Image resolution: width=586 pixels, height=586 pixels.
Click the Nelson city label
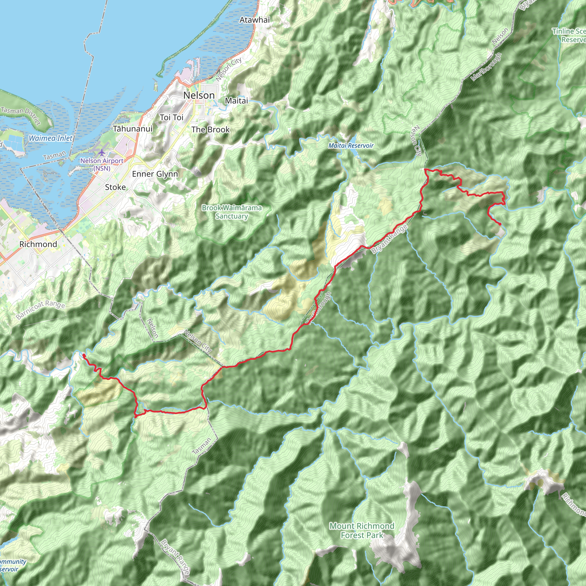199,95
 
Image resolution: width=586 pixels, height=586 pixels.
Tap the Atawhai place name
254,20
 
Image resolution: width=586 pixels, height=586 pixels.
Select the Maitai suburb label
236,101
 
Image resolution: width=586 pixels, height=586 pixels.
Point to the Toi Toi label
171,117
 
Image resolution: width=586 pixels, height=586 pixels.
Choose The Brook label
211,130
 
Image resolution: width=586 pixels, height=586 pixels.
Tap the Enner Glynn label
155,174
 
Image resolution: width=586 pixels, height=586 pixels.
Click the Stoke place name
115,187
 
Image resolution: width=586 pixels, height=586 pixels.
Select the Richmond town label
38,244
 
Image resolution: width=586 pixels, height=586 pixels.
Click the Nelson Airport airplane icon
102,153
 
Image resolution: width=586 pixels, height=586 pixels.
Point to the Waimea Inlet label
50,138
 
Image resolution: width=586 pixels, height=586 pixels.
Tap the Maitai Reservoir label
351,146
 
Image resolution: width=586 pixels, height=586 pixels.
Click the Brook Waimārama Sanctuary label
232,212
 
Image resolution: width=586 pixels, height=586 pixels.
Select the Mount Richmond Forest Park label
362,530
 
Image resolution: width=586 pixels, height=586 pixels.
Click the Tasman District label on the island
21,116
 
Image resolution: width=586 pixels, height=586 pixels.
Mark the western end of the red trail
84,355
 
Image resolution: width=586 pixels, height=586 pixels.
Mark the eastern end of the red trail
500,224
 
